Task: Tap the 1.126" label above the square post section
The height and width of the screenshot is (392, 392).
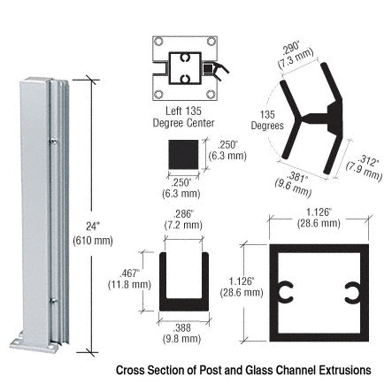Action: tap(319, 212)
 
